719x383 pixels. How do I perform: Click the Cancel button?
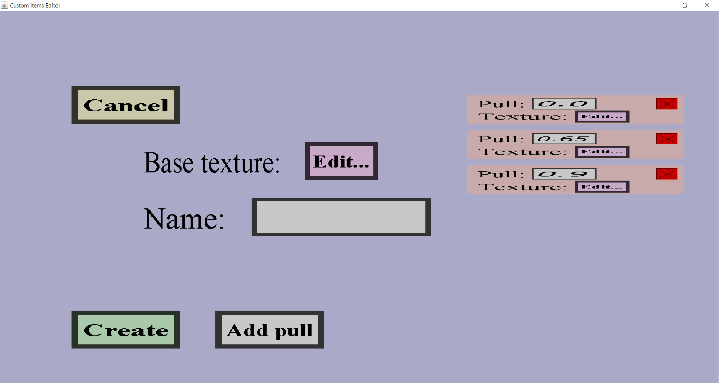click(126, 105)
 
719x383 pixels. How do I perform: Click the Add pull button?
click(270, 330)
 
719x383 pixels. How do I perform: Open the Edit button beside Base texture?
click(341, 161)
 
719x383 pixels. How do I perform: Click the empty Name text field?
click(341, 217)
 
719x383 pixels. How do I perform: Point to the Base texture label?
click(212, 163)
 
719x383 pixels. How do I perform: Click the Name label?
click(184, 219)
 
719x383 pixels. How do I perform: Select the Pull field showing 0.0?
click(564, 104)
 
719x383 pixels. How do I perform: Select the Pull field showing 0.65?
click(564, 139)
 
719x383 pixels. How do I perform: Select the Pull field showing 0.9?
click(564, 174)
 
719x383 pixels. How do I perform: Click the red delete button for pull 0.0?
click(667, 104)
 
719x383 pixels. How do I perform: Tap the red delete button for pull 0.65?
click(667, 139)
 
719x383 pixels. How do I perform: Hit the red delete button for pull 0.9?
click(667, 174)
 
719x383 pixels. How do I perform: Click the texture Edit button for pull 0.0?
click(602, 117)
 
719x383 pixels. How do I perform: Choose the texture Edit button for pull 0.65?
click(602, 152)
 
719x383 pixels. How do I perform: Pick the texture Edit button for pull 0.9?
click(602, 187)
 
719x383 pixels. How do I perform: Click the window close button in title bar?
click(707, 5)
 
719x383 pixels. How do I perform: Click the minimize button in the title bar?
click(663, 5)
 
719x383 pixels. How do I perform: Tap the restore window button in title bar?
click(685, 5)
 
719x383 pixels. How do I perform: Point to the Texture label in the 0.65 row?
click(523, 152)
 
